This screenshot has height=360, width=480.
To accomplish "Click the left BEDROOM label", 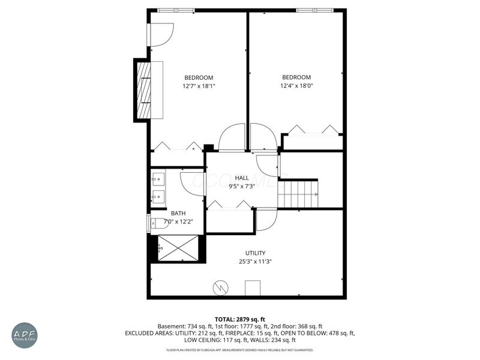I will [x=199, y=77].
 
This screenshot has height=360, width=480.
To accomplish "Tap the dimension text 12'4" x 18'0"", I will [x=296, y=86].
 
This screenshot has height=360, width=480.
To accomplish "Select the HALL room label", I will [x=242, y=178].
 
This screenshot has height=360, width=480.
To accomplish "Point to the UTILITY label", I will [x=255, y=253].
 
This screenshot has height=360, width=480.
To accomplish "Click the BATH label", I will [x=178, y=213].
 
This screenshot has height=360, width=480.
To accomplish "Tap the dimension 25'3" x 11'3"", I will [x=255, y=262].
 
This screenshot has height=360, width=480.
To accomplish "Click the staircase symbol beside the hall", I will [x=299, y=194].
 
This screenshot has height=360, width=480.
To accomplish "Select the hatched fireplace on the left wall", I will [x=144, y=90].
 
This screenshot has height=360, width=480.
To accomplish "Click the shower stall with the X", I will [x=178, y=248].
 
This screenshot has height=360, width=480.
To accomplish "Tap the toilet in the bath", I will [x=156, y=223].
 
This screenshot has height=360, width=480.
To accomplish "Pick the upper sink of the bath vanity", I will [x=159, y=178].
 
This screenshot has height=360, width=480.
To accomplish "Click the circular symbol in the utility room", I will [x=220, y=289].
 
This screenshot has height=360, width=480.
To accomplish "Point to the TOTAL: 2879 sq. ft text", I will [x=240, y=319].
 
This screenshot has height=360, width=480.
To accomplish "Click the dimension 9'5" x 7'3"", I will [x=242, y=186].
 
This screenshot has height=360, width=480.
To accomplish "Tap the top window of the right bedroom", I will [x=314, y=10].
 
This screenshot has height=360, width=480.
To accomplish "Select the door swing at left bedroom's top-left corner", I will [x=161, y=35].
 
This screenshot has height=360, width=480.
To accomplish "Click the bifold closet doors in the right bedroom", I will [x=313, y=130].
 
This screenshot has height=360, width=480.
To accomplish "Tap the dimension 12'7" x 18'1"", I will [x=199, y=86].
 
